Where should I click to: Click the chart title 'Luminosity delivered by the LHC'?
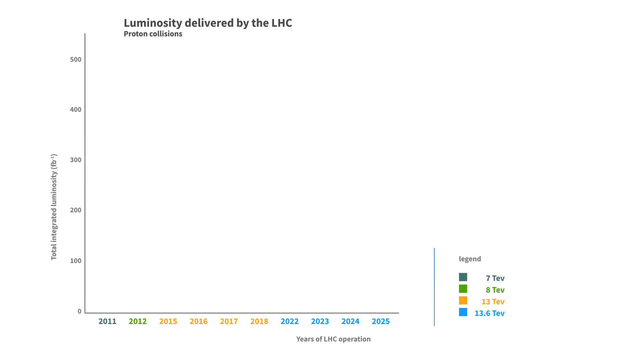(208, 23)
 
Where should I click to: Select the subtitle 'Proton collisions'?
(153, 34)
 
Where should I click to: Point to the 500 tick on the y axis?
(76, 59)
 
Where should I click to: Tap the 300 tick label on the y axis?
(76, 160)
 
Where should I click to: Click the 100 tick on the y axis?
(76, 261)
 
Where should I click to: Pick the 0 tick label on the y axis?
(79, 311)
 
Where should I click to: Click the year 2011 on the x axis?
(107, 321)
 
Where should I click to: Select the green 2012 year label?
(138, 321)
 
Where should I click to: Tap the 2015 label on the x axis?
(168, 321)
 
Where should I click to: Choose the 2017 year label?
(229, 321)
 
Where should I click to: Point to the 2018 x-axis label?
(259, 321)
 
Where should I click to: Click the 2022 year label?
(290, 321)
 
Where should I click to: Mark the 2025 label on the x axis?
(381, 321)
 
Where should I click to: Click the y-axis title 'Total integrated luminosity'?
(54, 207)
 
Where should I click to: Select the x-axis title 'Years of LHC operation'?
(333, 339)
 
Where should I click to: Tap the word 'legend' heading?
(470, 259)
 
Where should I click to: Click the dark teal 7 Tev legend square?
(463, 277)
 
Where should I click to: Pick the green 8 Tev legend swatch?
(463, 289)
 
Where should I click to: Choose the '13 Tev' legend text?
(493, 302)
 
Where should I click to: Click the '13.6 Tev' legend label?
(489, 313)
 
